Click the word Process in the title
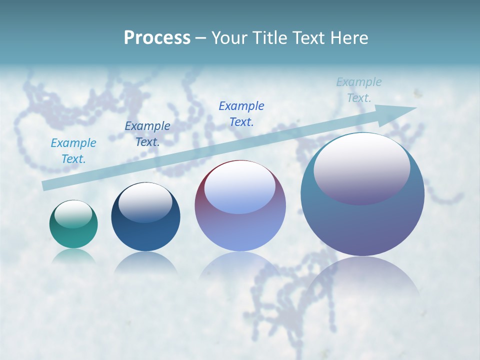pyautogui.click(x=157, y=38)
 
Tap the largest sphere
pyautogui.click(x=362, y=220)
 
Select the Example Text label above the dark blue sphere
pyautogui.click(x=147, y=134)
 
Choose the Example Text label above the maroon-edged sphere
pyautogui.click(x=241, y=113)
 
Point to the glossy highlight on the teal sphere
pyautogui.click(x=73, y=214)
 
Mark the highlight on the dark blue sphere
pyautogui.click(x=145, y=203)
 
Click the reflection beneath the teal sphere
pyautogui.click(x=73, y=256)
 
